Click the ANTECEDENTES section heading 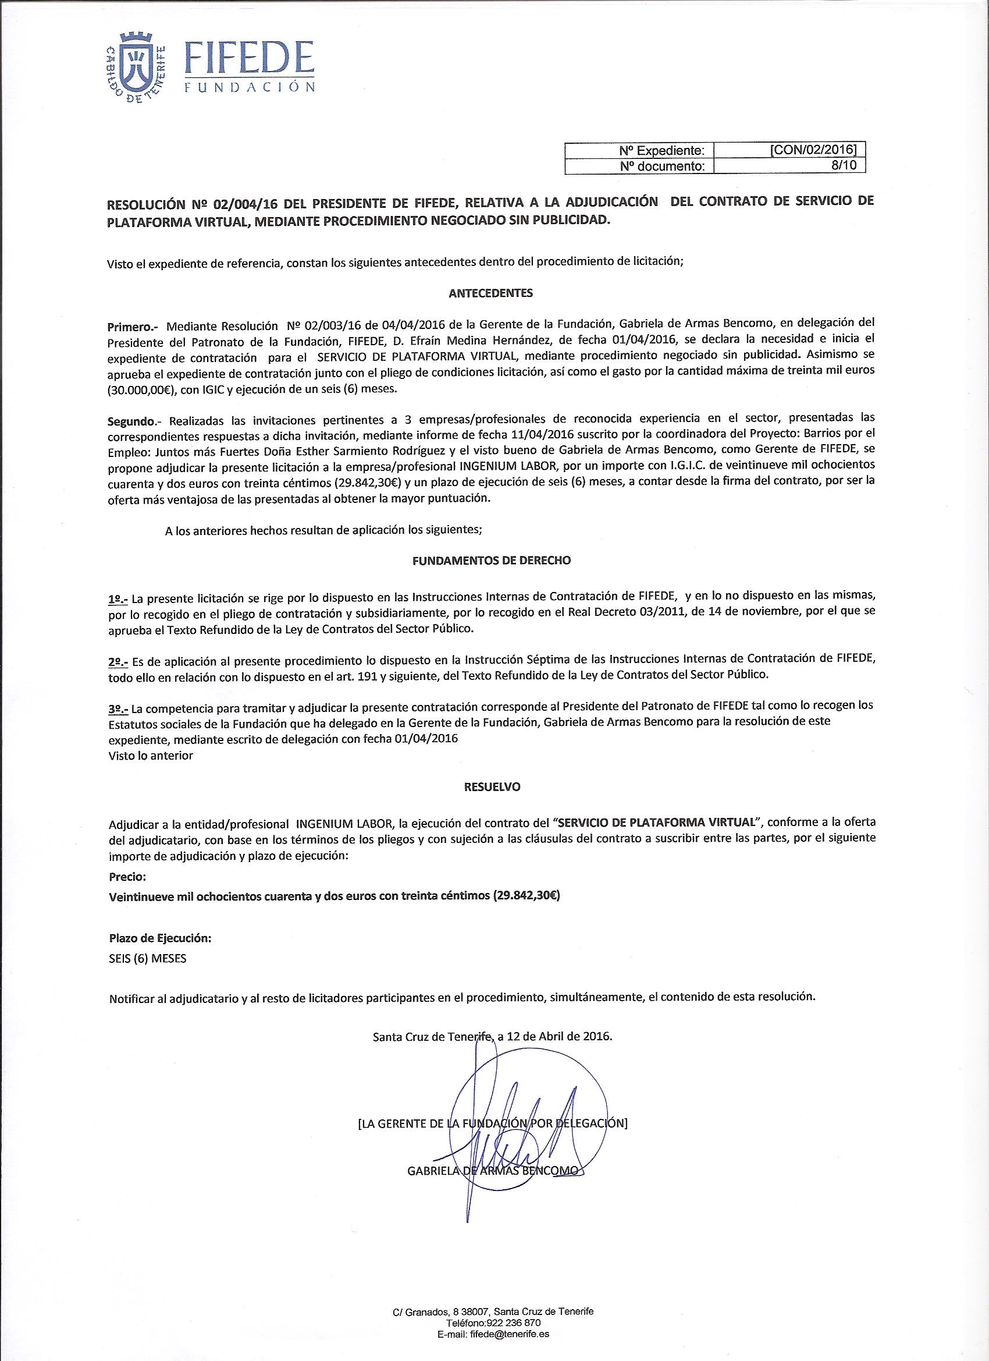click(x=490, y=293)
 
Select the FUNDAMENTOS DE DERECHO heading click(x=492, y=560)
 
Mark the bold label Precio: click(x=127, y=877)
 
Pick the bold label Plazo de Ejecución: click(x=159, y=937)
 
